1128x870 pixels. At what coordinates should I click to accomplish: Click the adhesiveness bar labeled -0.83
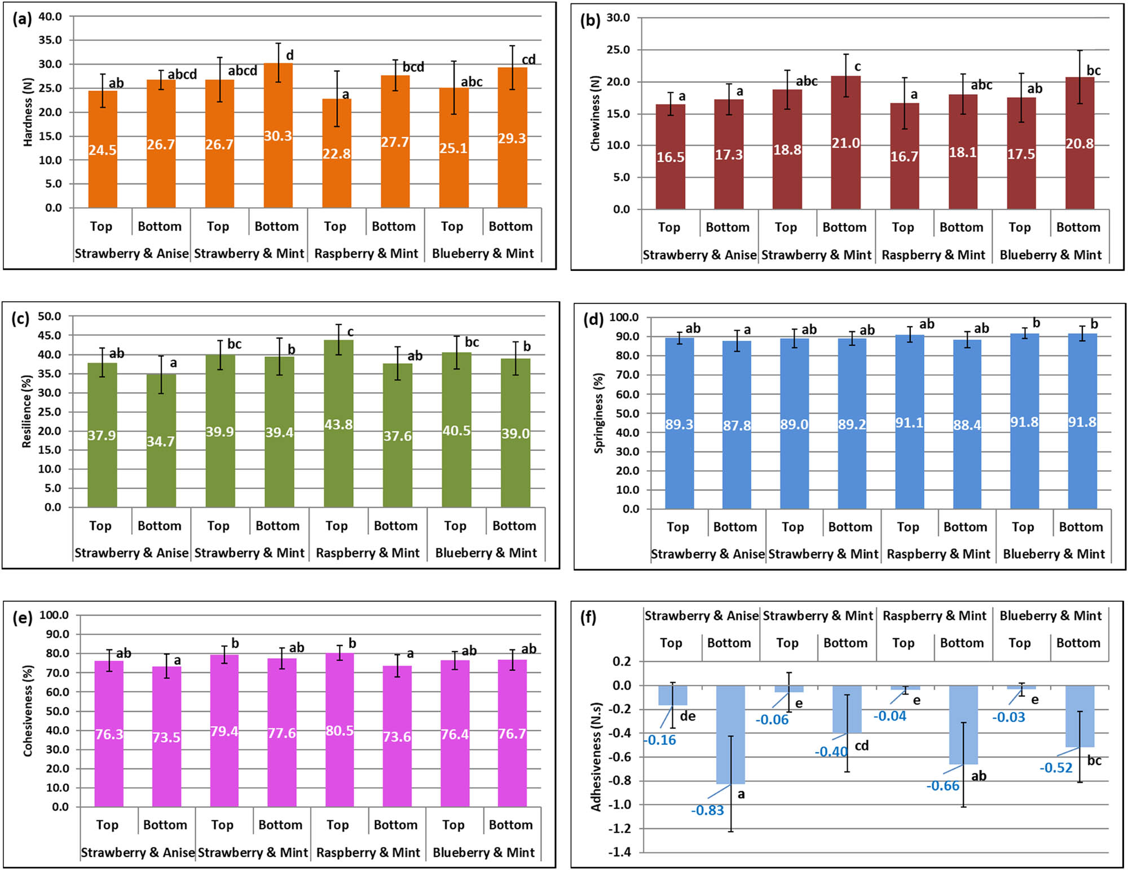(730, 733)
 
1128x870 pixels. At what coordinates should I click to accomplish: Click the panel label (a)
(22, 19)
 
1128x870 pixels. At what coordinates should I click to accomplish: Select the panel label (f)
(588, 617)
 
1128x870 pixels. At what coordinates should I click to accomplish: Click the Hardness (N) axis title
(28, 112)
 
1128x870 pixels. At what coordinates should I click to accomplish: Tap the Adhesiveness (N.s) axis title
(596, 756)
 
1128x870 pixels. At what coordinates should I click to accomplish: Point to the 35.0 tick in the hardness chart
(50, 40)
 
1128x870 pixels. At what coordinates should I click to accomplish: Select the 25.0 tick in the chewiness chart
(618, 50)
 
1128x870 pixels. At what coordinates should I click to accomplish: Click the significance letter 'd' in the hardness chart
(290, 55)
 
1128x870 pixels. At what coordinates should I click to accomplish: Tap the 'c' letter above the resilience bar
(350, 332)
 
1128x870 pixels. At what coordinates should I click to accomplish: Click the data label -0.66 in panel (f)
(942, 786)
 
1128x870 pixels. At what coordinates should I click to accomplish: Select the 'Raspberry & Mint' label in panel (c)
(368, 553)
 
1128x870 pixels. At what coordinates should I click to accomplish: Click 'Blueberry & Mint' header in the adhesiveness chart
(1050, 616)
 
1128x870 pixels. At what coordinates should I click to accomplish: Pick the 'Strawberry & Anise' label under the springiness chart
(707, 554)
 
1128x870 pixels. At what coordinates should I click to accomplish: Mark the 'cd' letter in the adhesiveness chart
(861, 746)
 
